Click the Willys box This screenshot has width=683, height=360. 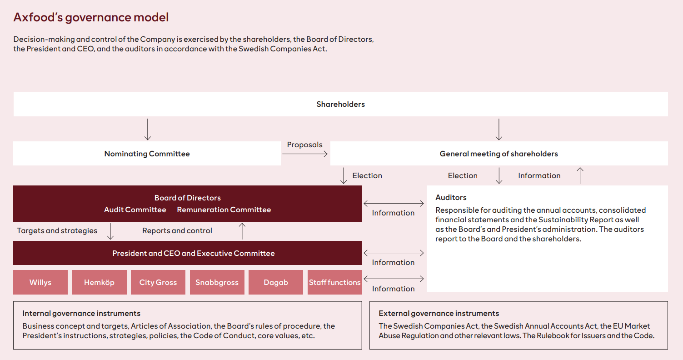coord(40,282)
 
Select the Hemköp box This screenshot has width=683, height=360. coord(100,282)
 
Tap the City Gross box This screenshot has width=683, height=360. coord(158,282)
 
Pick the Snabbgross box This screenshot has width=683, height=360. coord(217,282)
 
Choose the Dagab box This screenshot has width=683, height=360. coord(276,282)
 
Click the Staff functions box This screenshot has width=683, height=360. coord(335,282)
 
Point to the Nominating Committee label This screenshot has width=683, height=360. coord(147,154)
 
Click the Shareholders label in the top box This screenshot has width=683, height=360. coord(340,105)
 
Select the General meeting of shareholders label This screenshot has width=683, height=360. coord(499,154)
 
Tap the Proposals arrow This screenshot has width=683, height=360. coord(305,154)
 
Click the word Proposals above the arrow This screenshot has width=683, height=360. coord(304,145)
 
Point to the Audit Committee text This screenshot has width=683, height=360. coord(135,210)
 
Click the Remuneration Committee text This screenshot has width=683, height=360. coord(224,210)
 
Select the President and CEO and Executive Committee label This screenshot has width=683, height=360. coord(194,253)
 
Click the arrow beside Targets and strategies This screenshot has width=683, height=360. coord(110,231)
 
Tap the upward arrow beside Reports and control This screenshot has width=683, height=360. coord(242,231)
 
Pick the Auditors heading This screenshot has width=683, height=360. coord(451,197)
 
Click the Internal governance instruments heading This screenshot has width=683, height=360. coord(81,313)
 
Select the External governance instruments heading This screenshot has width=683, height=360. coord(439,313)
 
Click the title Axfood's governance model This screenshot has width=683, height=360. coord(91,17)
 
